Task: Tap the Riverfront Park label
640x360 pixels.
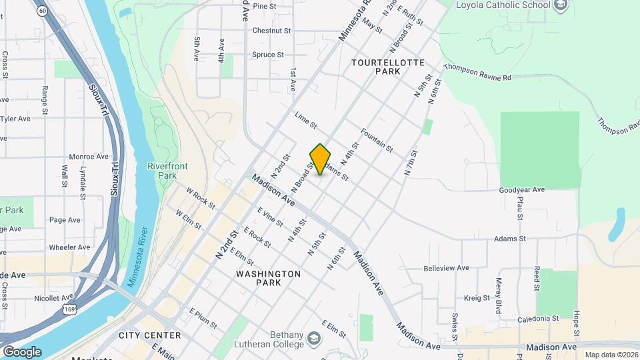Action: pyautogui.click(x=162, y=170)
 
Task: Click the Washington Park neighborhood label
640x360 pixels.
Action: pyautogui.click(x=268, y=278)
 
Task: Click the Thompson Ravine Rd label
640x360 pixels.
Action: pyautogui.click(x=477, y=73)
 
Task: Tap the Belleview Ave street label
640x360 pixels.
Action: pyautogui.click(x=447, y=268)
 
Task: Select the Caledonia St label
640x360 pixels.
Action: pyautogui.click(x=532, y=319)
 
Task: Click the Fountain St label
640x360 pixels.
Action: pyautogui.click(x=377, y=139)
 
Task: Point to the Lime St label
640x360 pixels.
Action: pyautogui.click(x=305, y=121)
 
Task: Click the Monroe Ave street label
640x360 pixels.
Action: pyautogui.click(x=89, y=157)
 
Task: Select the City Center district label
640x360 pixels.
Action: pyautogui.click(x=149, y=335)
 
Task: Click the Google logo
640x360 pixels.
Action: pyautogui.click(x=22, y=351)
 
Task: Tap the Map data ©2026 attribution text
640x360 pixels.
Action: pyautogui.click(x=610, y=355)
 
